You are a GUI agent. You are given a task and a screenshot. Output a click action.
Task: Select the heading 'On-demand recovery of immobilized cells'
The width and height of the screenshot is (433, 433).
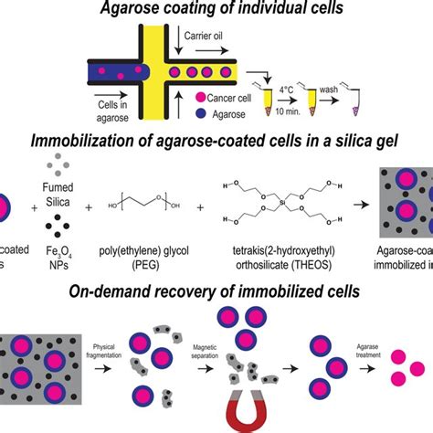pos(216,293)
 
